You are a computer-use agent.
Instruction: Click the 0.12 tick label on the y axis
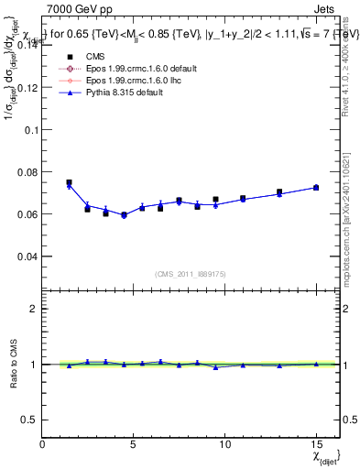point(28,87)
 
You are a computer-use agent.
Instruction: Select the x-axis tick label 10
point(224,444)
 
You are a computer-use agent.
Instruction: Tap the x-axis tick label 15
point(316,444)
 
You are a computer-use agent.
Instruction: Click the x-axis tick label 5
point(134,444)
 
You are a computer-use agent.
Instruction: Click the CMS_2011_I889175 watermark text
point(191,274)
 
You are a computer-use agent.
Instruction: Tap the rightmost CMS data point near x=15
point(316,187)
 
